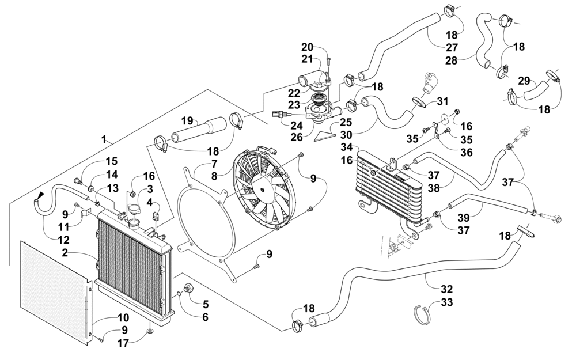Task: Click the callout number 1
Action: pyautogui.click(x=104, y=139)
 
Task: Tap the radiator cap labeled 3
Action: pyautogui.click(x=135, y=211)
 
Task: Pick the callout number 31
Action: pyautogui.click(x=442, y=101)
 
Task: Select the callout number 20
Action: pyautogui.click(x=307, y=47)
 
